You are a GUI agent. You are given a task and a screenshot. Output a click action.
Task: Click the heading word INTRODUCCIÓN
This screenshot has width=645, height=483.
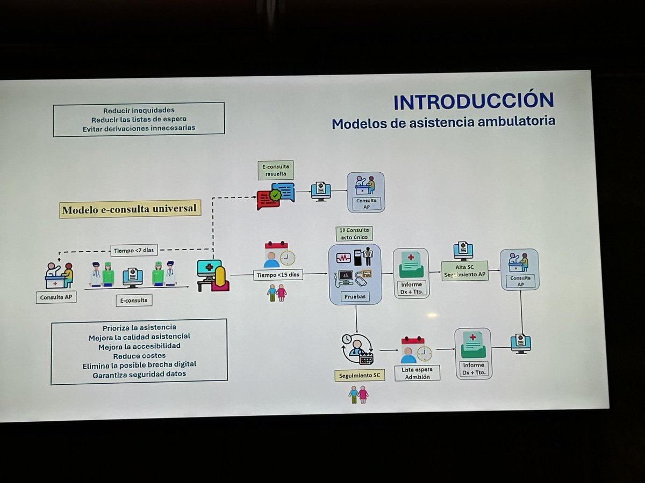(x=473, y=101)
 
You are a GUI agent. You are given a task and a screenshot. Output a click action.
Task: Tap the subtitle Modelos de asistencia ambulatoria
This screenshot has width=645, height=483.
(x=443, y=123)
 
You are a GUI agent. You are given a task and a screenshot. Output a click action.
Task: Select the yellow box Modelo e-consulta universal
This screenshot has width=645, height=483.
(x=130, y=209)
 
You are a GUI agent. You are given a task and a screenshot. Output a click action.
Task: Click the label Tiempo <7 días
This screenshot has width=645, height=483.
(x=134, y=250)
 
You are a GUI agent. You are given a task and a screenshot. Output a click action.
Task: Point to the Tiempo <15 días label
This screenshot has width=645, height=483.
(x=278, y=275)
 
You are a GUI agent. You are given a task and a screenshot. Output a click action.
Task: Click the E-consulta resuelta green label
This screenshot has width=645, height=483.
(x=276, y=170)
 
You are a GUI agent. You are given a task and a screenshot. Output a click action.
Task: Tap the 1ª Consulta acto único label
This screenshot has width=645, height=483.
(x=355, y=233)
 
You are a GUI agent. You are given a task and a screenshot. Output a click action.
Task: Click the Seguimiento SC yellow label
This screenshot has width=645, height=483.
(x=360, y=375)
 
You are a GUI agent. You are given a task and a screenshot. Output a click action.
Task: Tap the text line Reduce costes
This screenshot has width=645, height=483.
(x=139, y=356)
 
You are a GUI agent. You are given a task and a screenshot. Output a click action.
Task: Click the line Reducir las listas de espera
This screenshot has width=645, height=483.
(x=139, y=119)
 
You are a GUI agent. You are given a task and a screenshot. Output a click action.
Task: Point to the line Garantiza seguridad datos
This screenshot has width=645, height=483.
(x=139, y=374)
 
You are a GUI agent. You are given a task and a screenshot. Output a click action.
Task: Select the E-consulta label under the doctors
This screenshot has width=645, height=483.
(x=134, y=301)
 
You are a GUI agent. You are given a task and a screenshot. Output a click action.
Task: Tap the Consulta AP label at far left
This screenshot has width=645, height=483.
(x=56, y=297)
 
